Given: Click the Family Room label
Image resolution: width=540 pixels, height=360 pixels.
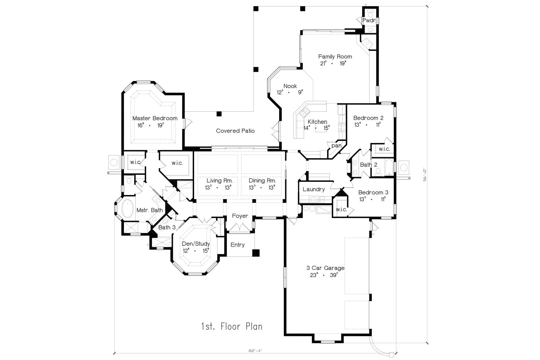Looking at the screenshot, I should [335, 57].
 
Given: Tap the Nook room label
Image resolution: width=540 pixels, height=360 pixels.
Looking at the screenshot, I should [290, 86].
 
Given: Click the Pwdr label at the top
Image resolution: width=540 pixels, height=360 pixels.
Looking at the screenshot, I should [369, 21].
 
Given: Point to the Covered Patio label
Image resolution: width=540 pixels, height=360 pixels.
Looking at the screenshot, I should [235, 131].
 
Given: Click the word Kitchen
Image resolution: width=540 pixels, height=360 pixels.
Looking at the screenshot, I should [317, 122].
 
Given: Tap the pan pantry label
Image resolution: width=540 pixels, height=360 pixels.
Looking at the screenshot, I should [336, 146].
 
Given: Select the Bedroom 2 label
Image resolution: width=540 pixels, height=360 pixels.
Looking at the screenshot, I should [368, 118].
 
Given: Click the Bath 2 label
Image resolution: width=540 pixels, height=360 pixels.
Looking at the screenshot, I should [369, 165].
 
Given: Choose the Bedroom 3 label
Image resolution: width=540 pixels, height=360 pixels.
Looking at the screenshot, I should [373, 192].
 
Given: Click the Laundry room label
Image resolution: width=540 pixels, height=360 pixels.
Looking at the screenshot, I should [314, 189].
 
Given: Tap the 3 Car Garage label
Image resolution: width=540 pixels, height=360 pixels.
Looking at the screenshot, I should [325, 268].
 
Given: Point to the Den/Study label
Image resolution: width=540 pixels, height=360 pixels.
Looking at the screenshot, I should [196, 244].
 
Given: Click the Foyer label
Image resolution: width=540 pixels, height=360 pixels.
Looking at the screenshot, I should [240, 216].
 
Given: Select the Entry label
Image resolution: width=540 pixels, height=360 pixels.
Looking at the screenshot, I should [238, 245].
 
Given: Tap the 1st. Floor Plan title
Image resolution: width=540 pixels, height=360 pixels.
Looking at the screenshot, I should [232, 326].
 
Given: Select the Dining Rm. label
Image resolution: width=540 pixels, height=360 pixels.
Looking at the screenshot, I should [262, 181].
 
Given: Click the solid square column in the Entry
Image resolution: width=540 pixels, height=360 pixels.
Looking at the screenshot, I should [256, 252].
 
